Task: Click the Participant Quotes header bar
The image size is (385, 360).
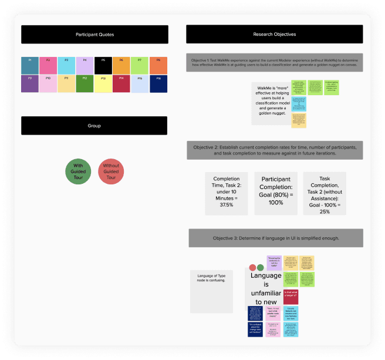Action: point(94,35)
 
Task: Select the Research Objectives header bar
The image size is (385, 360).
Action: point(275,35)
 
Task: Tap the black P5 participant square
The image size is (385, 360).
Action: point(103,65)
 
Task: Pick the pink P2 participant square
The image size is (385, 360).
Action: point(48,65)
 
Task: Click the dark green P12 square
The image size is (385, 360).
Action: point(85,83)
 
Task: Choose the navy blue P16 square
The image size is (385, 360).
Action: point(158,83)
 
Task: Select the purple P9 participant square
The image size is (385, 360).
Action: point(29,83)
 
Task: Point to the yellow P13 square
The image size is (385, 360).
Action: point(103,83)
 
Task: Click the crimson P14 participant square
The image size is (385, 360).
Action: point(121,83)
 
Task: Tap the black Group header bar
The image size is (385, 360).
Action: point(94,126)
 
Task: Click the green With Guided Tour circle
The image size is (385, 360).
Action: point(78,171)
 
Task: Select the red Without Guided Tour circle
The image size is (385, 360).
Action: point(111,171)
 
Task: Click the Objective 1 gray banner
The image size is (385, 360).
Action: point(275,63)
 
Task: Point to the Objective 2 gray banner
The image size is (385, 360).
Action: point(275,150)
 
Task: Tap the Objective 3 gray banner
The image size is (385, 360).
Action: point(275,238)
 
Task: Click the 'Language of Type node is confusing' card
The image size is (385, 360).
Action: point(212,291)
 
